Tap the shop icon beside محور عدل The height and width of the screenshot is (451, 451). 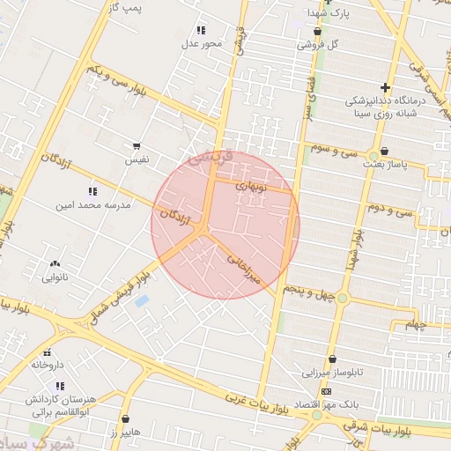(200, 29)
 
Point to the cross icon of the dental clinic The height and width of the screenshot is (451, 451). (384, 87)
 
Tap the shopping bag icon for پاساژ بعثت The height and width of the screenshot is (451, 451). (384, 152)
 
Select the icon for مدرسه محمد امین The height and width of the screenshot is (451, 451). (92, 191)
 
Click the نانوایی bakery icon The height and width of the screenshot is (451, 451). (55, 262)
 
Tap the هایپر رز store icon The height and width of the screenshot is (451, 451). (125, 419)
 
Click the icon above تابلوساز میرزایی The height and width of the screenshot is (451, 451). (332, 359)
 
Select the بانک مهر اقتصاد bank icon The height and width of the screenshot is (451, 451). (327, 391)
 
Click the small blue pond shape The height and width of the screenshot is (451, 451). (142, 301)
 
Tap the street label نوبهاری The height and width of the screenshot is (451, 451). (255, 187)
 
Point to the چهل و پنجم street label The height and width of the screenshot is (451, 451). (309, 291)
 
